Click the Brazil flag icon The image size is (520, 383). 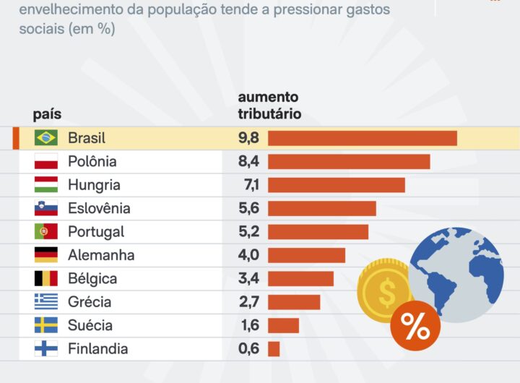pyautogui.click(x=45, y=138)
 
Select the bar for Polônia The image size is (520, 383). pyautogui.click(x=349, y=161)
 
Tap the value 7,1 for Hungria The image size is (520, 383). pyautogui.click(x=249, y=185)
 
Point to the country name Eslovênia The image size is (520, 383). pyautogui.click(x=99, y=208)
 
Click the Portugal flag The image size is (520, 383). pyautogui.click(x=45, y=232)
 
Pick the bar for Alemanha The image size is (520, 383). pyautogui.click(x=306, y=255)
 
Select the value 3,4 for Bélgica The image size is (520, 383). pyautogui.click(x=249, y=279)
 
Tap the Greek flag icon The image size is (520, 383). pyautogui.click(x=45, y=302)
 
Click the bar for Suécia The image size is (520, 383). pyautogui.click(x=283, y=326)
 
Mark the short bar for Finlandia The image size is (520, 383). pyautogui.click(x=274, y=349)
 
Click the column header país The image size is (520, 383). pyautogui.click(x=47, y=114)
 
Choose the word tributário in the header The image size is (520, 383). pyautogui.click(x=269, y=114)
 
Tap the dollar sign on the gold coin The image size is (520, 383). pyautogui.click(x=386, y=293)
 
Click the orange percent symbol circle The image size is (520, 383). pyautogui.click(x=415, y=326)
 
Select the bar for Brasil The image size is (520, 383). pyautogui.click(x=363, y=138)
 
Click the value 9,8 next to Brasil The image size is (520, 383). pyautogui.click(x=249, y=138)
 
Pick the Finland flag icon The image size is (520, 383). pyautogui.click(x=45, y=349)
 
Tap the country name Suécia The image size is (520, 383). pyautogui.click(x=90, y=326)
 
